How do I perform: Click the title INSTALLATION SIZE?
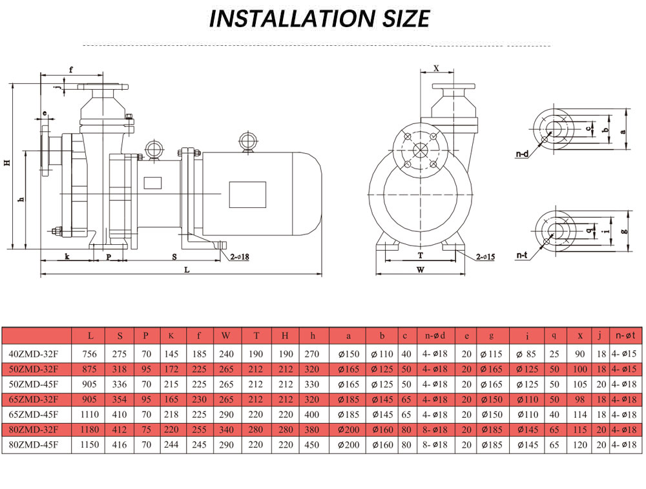[x=319, y=19]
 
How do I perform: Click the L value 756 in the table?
[x=90, y=354]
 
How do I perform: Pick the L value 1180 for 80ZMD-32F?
[x=90, y=430]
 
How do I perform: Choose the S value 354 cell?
[x=120, y=399]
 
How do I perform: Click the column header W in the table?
[x=225, y=336]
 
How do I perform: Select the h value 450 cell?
[x=313, y=444]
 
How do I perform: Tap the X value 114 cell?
[x=581, y=415]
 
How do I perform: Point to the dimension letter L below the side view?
[x=186, y=270]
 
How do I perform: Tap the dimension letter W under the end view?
[x=420, y=270]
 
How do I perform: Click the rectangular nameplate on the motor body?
[x=247, y=194]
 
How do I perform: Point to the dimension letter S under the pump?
[x=174, y=256]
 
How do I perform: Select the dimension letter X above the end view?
[x=436, y=68]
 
